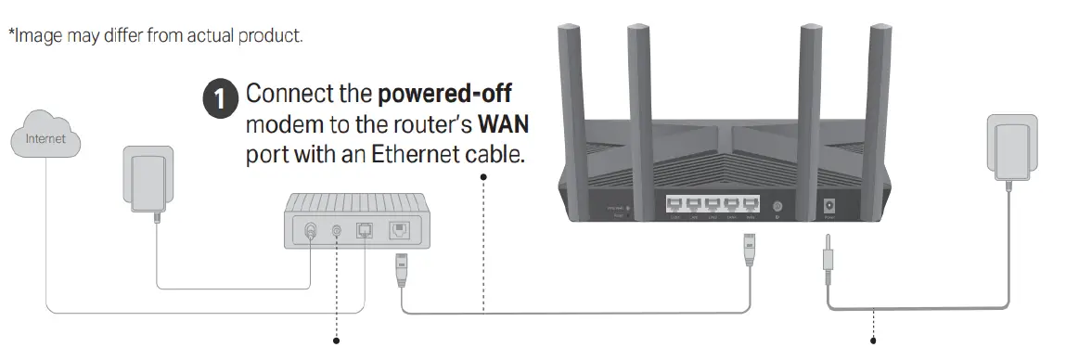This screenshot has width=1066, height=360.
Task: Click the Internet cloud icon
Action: (x=45, y=140)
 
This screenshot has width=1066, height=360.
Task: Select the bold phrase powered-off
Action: (x=445, y=95)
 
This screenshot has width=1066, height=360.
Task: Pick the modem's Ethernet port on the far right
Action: (x=399, y=229)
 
